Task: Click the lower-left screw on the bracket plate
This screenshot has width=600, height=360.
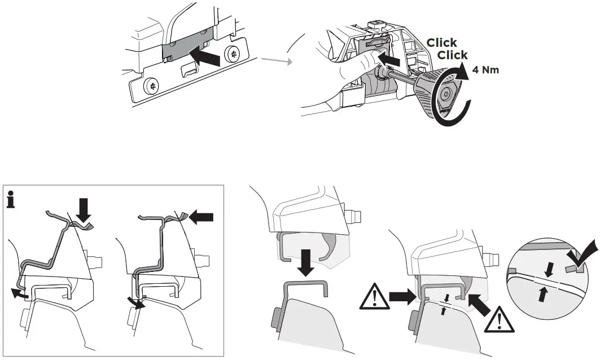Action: pyautogui.click(x=151, y=86)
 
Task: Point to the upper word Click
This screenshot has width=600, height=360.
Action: pyautogui.click(x=442, y=43)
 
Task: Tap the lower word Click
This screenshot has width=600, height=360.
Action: pyautogui.click(x=453, y=55)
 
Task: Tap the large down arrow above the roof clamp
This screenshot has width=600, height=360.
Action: pyautogui.click(x=307, y=263)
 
